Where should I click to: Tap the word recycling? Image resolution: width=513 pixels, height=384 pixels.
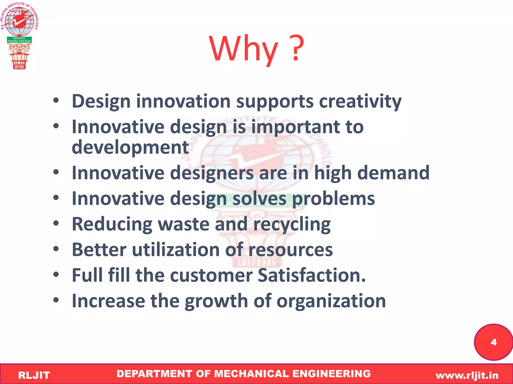[292, 224]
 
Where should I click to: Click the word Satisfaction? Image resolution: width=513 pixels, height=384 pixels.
[312, 275]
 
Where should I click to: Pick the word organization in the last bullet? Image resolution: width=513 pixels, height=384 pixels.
[331, 301]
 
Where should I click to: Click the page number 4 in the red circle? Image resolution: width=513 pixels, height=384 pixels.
[493, 342]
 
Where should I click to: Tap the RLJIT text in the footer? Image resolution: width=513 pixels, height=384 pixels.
[34, 375]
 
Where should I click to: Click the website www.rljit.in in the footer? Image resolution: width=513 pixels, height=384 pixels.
[467, 375]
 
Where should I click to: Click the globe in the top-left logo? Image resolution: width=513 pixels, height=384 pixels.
[19, 21]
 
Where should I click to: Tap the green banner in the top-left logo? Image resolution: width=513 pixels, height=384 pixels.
[19, 40]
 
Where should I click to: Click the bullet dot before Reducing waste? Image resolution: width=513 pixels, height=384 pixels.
[56, 223]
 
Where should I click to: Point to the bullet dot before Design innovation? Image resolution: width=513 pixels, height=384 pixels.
[56, 100]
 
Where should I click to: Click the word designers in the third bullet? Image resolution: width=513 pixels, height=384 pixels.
[212, 173]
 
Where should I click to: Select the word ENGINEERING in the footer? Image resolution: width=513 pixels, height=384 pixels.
[331, 374]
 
